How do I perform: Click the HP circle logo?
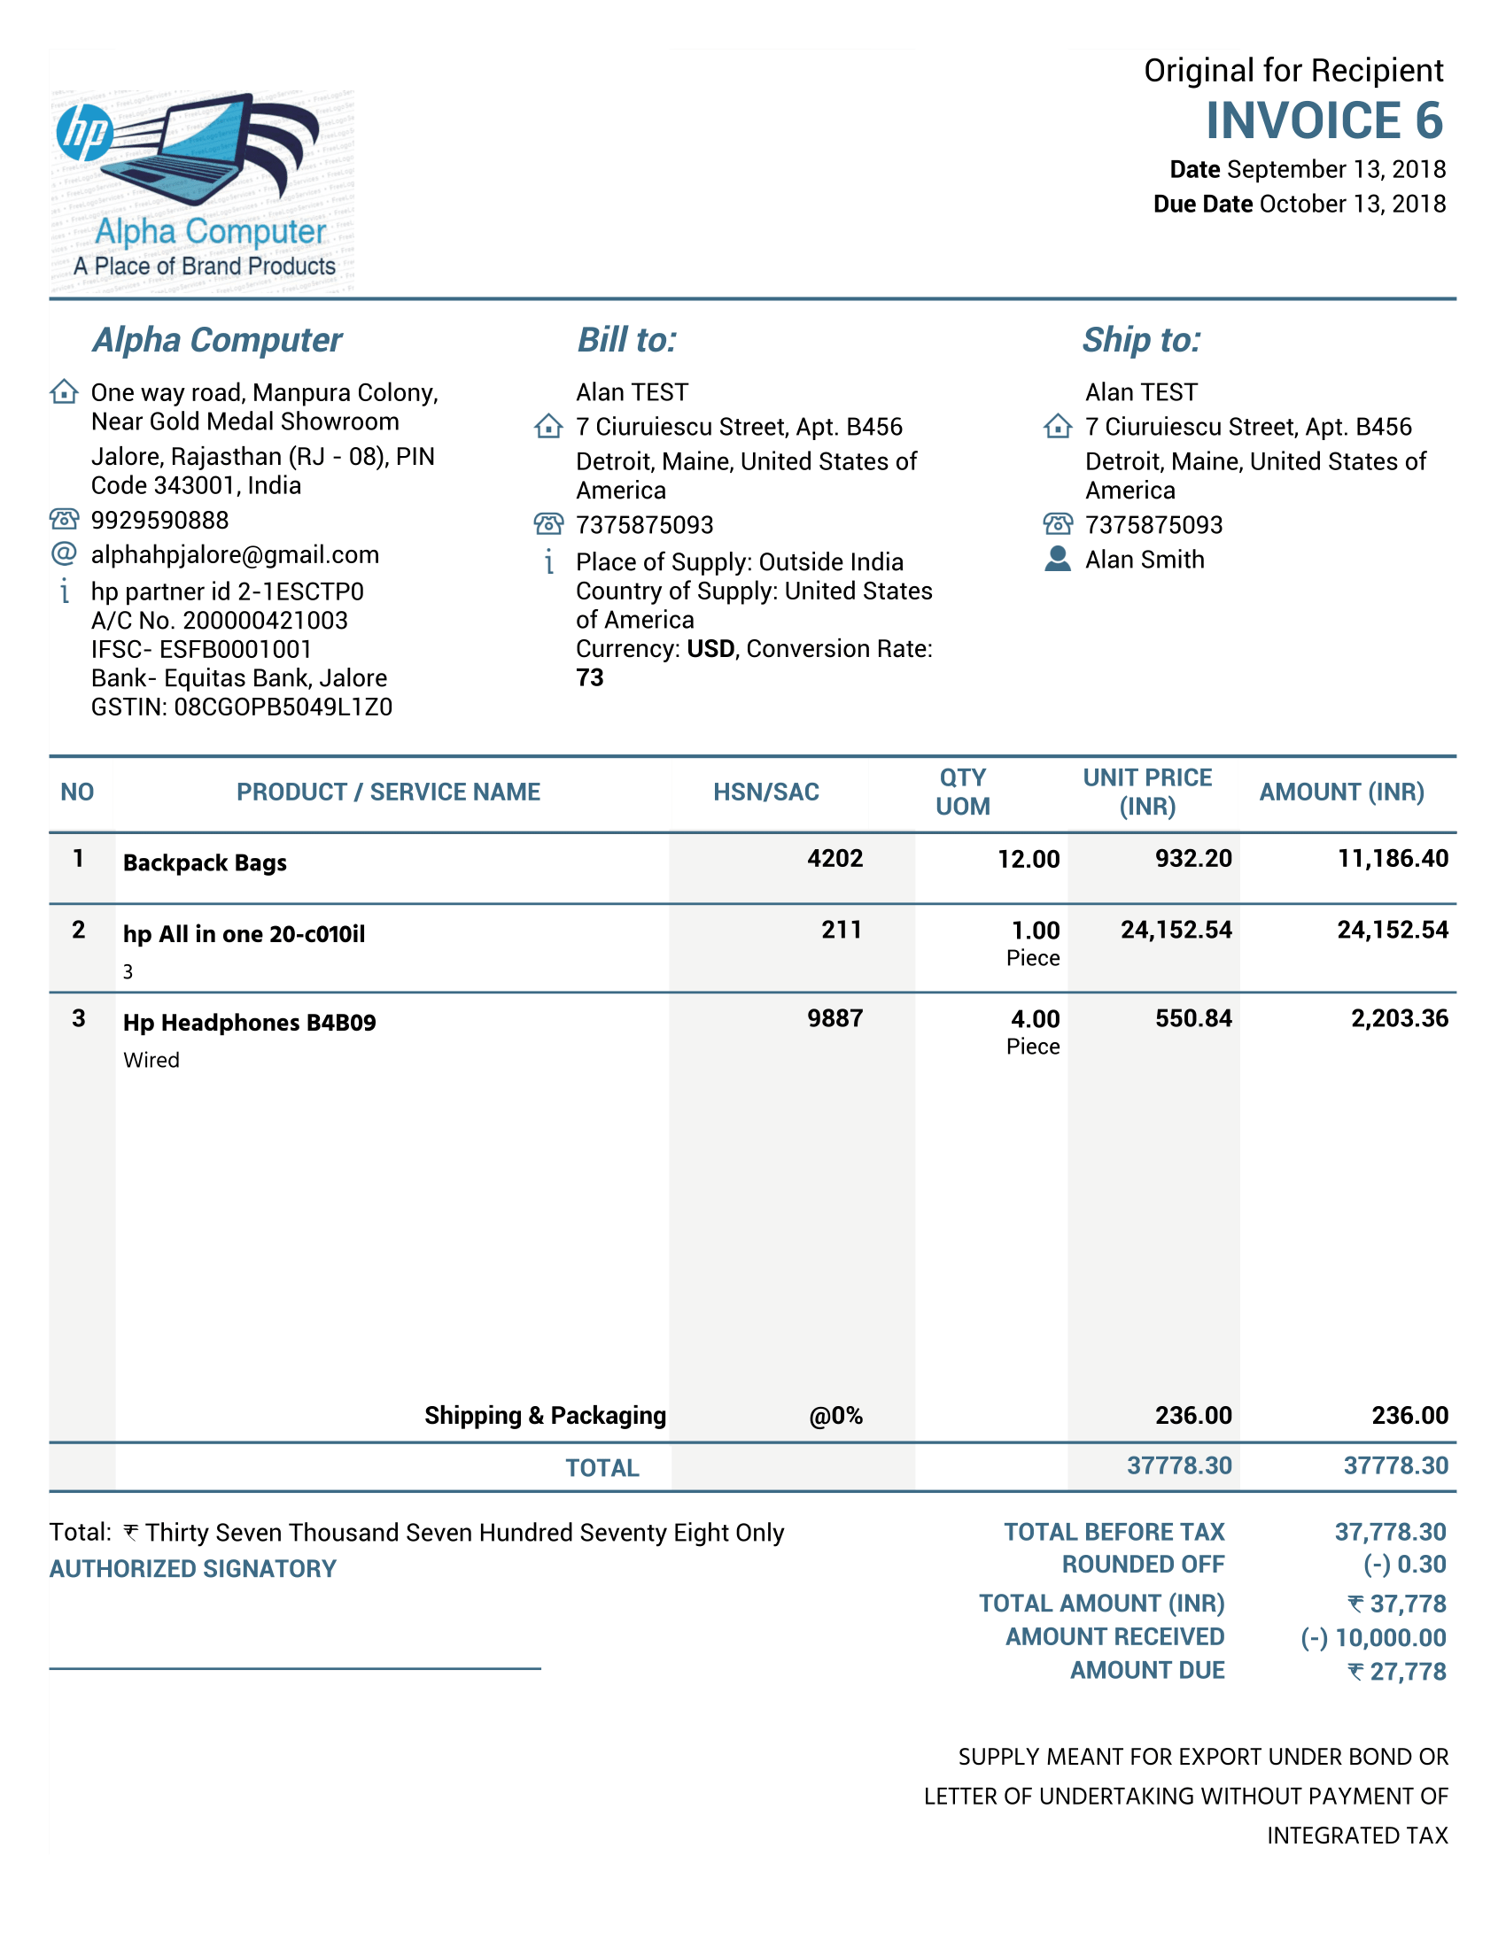[x=84, y=132]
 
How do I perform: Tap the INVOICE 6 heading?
[x=1324, y=120]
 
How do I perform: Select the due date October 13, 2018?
[x=1352, y=205]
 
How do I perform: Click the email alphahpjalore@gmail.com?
[x=235, y=555]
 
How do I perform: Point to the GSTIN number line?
[x=241, y=707]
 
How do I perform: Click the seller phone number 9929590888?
[x=159, y=520]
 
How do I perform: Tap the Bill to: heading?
[x=626, y=340]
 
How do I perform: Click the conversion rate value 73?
[x=590, y=678]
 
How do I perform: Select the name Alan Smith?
[x=1145, y=560]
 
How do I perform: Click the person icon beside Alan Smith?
[x=1057, y=560]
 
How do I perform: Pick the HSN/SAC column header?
[x=765, y=792]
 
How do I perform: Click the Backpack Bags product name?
[x=206, y=862]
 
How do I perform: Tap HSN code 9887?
[x=835, y=1018]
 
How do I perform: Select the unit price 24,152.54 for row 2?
[x=1176, y=931]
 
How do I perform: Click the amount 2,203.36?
[x=1399, y=1018]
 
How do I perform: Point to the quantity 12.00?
[x=1028, y=859]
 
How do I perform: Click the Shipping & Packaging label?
[x=545, y=1416]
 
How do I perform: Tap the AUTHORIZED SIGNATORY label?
[x=193, y=1569]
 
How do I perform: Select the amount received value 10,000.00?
[x=1389, y=1637]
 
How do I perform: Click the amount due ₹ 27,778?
[x=1397, y=1672]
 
